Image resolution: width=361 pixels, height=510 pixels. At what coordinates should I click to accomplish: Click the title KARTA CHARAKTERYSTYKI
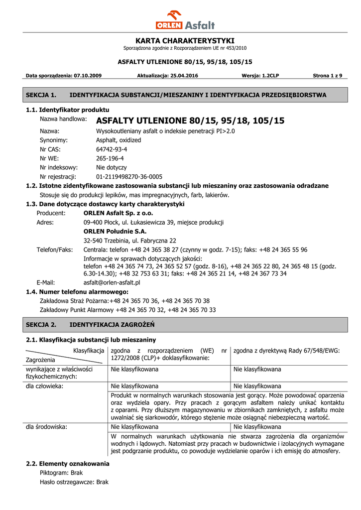pos(185,40)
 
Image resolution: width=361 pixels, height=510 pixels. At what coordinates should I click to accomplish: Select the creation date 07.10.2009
pos(88,76)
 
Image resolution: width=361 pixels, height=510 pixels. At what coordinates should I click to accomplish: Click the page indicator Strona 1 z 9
pos(327,76)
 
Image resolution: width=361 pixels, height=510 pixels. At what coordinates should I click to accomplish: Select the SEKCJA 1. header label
pos(41,95)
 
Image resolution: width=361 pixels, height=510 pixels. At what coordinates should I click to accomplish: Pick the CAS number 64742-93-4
pos(112,149)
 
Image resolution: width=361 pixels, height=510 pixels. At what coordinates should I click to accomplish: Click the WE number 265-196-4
pos(110,158)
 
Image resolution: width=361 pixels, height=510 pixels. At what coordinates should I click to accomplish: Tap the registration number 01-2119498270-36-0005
pos(129,177)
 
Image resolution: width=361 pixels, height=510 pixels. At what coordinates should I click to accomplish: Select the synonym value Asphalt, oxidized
pos(119,140)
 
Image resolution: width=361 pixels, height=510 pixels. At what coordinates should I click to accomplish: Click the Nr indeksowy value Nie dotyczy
pos(111,168)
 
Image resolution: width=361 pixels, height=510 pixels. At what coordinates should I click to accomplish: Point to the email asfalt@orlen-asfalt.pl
pos(112,282)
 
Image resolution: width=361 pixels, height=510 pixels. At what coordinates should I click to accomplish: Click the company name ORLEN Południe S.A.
pos(115,232)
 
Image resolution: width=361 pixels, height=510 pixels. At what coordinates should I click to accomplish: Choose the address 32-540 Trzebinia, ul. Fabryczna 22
pos(130,241)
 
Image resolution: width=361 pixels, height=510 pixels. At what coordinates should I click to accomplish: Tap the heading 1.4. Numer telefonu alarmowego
pos(77,292)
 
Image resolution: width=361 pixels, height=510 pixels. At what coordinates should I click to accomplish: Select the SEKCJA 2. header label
pos(41,325)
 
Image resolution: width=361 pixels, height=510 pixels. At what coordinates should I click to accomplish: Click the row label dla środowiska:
pos(47,427)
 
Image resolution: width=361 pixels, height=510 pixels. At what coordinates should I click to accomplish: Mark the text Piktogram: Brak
pos(61,473)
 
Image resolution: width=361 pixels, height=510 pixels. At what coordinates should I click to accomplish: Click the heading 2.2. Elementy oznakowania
pos(68,464)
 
